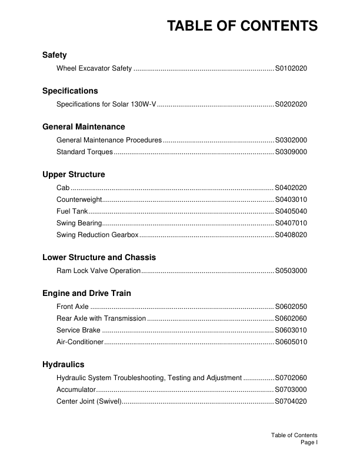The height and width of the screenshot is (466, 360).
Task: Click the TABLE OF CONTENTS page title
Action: click(x=242, y=26)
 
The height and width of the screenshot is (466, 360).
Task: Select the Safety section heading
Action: click(x=55, y=55)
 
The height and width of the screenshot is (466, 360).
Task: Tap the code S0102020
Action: click(x=291, y=69)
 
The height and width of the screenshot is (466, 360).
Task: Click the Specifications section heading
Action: click(x=70, y=91)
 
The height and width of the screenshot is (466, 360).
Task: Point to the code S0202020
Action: click(x=291, y=104)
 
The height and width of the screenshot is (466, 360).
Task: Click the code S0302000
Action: click(x=291, y=140)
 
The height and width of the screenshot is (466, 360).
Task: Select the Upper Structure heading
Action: click(x=74, y=175)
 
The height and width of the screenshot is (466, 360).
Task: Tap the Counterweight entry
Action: click(x=76, y=199)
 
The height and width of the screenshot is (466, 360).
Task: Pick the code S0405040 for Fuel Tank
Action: click(x=291, y=211)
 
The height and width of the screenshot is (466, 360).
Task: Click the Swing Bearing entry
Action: click(x=79, y=223)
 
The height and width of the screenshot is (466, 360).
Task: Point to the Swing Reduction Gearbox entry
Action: click(x=98, y=235)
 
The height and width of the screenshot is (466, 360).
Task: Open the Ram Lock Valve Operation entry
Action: click(x=98, y=271)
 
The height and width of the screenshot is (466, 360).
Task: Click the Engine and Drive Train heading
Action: click(x=86, y=293)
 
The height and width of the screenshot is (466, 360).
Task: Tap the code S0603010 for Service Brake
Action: click(x=291, y=330)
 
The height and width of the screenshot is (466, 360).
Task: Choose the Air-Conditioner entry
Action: click(x=80, y=342)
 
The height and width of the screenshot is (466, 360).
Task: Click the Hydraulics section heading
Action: click(x=63, y=365)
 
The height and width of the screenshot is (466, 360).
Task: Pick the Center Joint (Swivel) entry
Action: click(x=89, y=401)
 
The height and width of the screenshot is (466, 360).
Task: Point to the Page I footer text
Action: click(x=309, y=442)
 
